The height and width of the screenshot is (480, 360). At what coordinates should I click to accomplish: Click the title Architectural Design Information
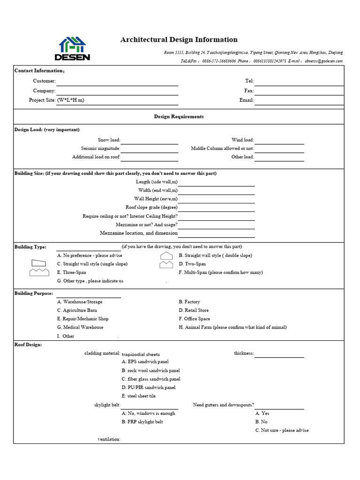pyautogui.click(x=179, y=40)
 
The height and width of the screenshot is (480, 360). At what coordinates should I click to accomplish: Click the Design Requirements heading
pyautogui.click(x=179, y=117)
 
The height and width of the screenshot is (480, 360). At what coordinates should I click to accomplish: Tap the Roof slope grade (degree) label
pyautogui.click(x=151, y=207)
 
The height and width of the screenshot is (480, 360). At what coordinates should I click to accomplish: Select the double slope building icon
pyautogui.click(x=167, y=255)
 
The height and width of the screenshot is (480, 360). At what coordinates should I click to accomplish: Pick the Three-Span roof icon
pyautogui.click(x=39, y=272)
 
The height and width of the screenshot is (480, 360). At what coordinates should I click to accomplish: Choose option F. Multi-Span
pyautogui.click(x=220, y=272)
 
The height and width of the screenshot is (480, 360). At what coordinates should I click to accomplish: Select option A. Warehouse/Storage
pyautogui.click(x=80, y=302)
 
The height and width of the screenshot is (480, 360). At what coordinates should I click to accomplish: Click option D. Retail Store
pyautogui.click(x=194, y=310)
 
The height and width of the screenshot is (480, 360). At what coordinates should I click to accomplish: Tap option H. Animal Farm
pyautogui.click(x=232, y=327)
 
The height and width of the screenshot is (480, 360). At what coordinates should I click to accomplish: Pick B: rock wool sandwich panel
pyautogui.click(x=150, y=370)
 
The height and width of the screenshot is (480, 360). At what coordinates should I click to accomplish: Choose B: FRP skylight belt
pyautogui.click(x=142, y=422)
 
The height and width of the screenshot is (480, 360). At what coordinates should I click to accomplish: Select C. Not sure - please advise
pyautogui.click(x=282, y=430)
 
